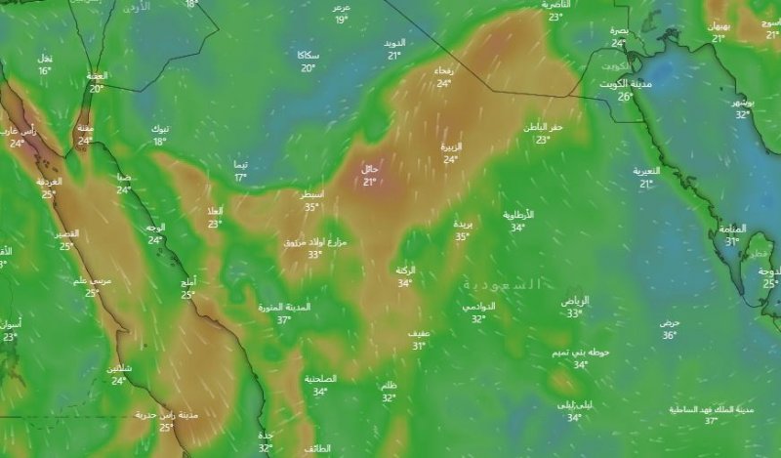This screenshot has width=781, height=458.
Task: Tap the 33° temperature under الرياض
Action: pos(574,313)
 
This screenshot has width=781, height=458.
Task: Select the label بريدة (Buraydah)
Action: pos(463,224)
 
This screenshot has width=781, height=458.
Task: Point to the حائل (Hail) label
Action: pos(370,169)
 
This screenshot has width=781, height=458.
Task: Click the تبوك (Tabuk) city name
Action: pos(160,129)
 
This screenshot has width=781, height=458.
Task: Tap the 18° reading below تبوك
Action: pos(160,142)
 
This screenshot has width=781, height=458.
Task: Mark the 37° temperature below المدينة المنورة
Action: pos(284,320)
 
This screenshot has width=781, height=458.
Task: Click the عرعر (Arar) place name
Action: pos(341,7)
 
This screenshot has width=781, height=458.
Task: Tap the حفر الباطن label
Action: pos(544,127)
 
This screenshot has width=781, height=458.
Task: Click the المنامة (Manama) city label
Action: pos(732,229)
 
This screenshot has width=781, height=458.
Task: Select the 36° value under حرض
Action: pos(669,335)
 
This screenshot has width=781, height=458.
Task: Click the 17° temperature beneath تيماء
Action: pos(240,177)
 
